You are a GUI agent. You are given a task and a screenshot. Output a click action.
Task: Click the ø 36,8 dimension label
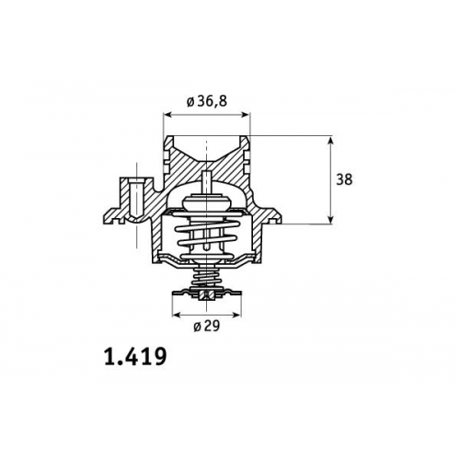click(207, 101)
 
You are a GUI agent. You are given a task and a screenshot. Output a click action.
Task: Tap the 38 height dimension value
click(344, 179)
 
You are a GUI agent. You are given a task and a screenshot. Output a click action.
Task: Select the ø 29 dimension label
click(207, 327)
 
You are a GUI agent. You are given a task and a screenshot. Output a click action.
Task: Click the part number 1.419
click(135, 357)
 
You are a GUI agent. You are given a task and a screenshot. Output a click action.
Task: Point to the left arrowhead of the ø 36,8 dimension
click(167, 115)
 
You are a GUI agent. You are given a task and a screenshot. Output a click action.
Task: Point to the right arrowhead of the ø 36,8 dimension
click(247, 115)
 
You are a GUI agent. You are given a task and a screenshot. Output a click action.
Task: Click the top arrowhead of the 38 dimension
click(330, 140)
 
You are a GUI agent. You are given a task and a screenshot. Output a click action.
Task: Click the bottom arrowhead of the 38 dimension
click(330, 220)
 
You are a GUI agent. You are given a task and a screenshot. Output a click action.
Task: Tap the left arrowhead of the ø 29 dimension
click(176, 315)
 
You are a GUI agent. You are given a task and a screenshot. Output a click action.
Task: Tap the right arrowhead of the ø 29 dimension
click(237, 315)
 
